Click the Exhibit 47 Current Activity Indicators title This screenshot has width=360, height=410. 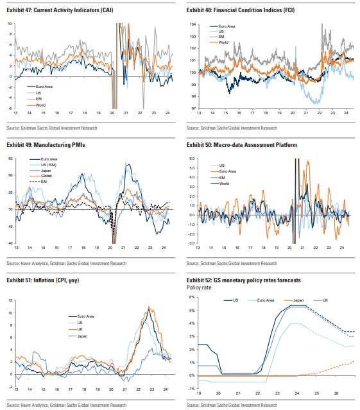click(x=60, y=10)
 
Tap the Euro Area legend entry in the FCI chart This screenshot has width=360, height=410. click(x=222, y=26)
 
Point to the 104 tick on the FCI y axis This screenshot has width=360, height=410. click(x=193, y=24)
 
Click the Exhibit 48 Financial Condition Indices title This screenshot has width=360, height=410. click(x=241, y=10)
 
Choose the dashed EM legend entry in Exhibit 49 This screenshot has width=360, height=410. click(x=38, y=182)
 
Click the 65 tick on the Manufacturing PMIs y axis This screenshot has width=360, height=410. click(x=10, y=158)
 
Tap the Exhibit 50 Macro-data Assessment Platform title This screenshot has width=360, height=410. click(x=242, y=145)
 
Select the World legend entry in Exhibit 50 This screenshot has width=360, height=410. click(x=220, y=184)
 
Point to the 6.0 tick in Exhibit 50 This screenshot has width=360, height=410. click(x=192, y=158)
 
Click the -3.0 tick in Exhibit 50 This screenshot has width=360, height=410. click(x=191, y=243)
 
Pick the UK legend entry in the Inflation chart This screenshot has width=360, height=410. click(x=76, y=329)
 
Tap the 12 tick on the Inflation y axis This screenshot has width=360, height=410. click(x=10, y=300)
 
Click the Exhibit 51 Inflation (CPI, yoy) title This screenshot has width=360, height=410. click(x=43, y=280)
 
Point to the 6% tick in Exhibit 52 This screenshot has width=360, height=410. click(x=192, y=297)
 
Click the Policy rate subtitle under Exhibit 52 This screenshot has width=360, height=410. click(x=199, y=287)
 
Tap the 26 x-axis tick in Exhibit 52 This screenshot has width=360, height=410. click(x=336, y=393)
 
